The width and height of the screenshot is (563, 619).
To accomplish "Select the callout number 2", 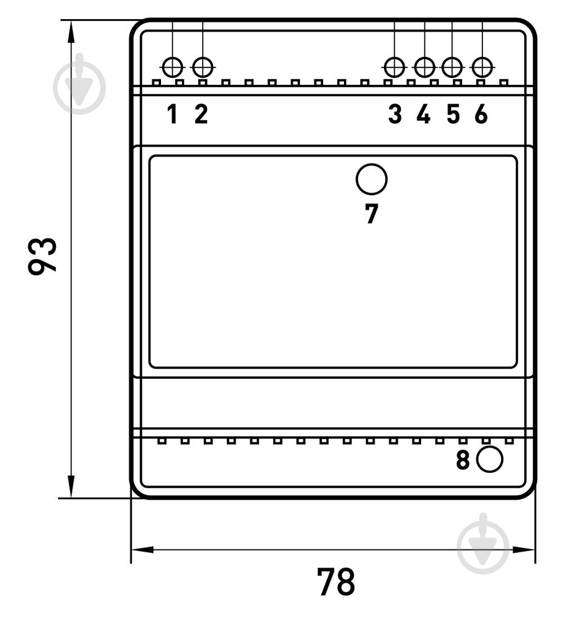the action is [x=201, y=114].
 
